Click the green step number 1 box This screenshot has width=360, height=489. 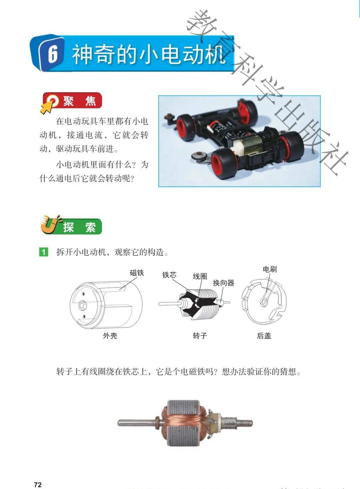(x=43, y=252)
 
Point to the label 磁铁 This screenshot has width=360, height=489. (x=137, y=273)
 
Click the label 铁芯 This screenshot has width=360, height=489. (x=169, y=275)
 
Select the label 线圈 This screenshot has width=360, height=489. (x=200, y=276)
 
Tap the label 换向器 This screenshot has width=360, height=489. (x=223, y=283)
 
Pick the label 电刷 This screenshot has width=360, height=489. (x=270, y=269)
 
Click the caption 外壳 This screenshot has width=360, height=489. (x=110, y=336)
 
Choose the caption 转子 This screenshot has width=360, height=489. (x=200, y=336)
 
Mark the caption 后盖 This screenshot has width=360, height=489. (x=264, y=336)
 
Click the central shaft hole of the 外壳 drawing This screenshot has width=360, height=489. (x=82, y=305)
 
